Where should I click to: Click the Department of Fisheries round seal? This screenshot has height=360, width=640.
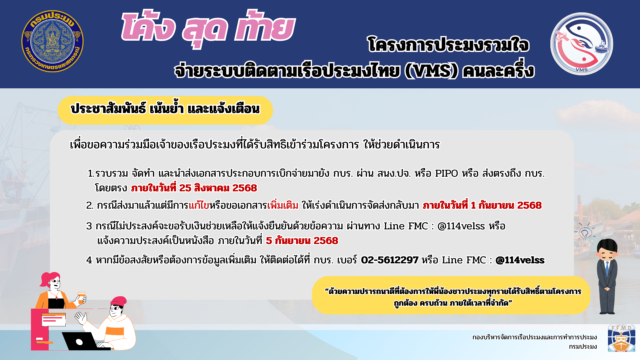(52, 41)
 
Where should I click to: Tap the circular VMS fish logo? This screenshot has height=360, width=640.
(582, 44)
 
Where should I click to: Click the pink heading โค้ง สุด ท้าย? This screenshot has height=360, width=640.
(208, 28)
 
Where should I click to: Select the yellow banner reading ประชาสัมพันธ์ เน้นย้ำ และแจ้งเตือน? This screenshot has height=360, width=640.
(165, 110)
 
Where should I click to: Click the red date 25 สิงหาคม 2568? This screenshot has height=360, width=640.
(218, 188)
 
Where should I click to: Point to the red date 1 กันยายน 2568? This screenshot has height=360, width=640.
(506, 205)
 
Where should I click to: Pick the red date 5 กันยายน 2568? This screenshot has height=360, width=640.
(302, 241)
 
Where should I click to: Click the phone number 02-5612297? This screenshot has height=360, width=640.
(389, 260)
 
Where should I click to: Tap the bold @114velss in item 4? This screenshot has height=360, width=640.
(520, 260)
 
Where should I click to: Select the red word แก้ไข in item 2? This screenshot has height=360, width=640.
(199, 205)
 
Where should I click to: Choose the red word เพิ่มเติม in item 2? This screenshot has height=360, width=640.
(283, 205)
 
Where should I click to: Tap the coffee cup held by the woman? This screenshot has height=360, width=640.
(81, 298)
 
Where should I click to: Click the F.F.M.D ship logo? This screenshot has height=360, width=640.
(621, 338)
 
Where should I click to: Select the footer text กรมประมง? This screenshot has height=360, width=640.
(583, 347)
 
